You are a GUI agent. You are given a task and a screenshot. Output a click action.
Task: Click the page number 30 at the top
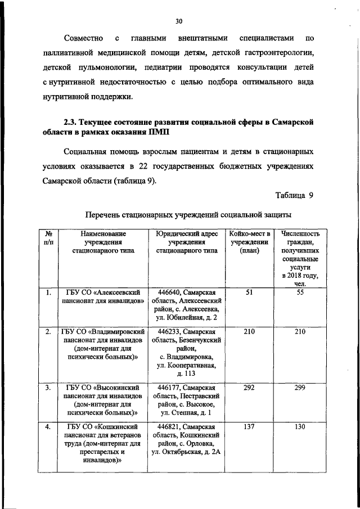coord(179,21)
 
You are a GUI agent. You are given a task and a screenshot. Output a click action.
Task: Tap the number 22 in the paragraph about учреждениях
coord(143,167)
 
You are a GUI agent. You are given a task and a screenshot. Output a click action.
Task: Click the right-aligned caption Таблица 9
coord(294,195)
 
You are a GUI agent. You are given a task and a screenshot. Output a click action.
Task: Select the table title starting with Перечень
coord(187,214)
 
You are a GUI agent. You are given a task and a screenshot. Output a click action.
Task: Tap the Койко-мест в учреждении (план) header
coord(249,242)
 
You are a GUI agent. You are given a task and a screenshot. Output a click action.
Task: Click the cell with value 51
coord(249,292)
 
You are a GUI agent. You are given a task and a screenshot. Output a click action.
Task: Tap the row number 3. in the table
coord(49,388)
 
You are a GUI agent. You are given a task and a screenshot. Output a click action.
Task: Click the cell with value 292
coord(249,388)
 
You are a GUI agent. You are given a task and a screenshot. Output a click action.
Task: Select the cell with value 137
coord(249,427)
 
